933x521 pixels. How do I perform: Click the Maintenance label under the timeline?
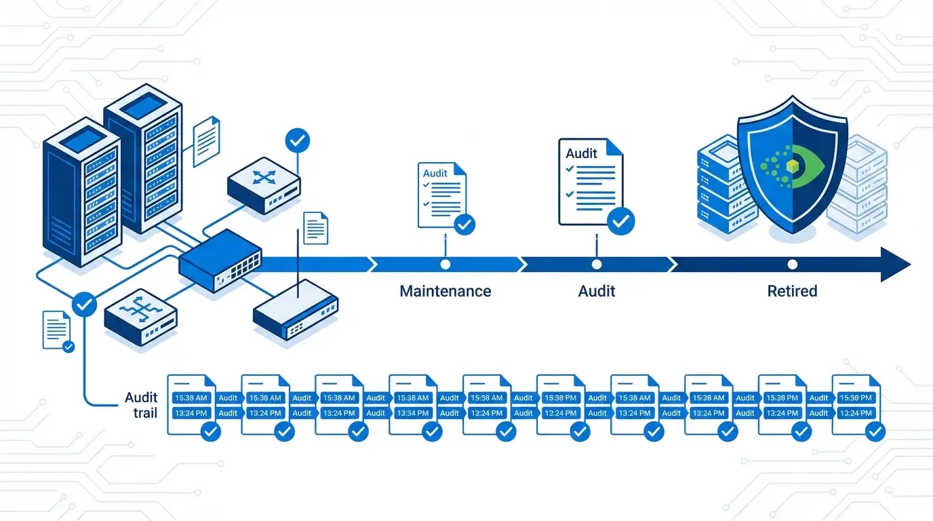point(445,291)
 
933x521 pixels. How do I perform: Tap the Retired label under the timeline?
point(792,291)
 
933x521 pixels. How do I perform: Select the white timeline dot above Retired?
point(792,265)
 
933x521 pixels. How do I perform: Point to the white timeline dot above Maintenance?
point(445,265)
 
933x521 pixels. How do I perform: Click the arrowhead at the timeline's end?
point(896,265)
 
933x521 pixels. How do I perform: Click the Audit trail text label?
point(141,404)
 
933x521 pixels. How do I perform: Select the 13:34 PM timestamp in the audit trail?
point(412,413)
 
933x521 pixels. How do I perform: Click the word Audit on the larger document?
point(581,153)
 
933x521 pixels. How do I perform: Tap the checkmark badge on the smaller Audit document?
point(464,224)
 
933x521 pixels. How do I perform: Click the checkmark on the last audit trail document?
point(875,431)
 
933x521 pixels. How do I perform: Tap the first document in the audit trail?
point(191,404)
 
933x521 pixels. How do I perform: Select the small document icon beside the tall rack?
point(206,140)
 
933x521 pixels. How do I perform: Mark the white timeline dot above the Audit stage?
point(597,265)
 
